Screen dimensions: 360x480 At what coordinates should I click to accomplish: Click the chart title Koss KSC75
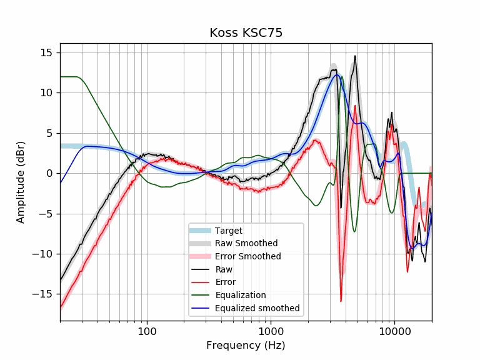[x=246, y=33]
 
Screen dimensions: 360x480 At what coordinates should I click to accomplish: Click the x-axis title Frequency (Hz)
[x=246, y=345]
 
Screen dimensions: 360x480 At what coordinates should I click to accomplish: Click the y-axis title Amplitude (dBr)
[x=21, y=182]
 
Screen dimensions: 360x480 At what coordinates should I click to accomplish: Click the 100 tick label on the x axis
[x=146, y=331]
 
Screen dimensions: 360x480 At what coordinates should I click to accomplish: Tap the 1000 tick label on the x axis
[x=271, y=331]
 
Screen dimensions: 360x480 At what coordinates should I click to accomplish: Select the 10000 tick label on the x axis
[x=394, y=331]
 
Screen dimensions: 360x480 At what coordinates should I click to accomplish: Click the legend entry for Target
[x=228, y=231]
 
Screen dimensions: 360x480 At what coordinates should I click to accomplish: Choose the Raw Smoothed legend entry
[x=246, y=244]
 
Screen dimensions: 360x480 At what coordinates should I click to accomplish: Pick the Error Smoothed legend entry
[x=247, y=256]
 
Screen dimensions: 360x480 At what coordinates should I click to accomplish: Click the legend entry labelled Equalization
[x=240, y=295]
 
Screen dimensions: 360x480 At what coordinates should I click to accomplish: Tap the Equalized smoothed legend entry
[x=257, y=308]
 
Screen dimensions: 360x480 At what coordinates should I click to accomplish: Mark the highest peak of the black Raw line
[x=355, y=56]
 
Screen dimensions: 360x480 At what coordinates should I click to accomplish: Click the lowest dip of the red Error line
[x=341, y=301]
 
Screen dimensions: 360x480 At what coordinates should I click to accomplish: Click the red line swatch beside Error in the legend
[x=202, y=282]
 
